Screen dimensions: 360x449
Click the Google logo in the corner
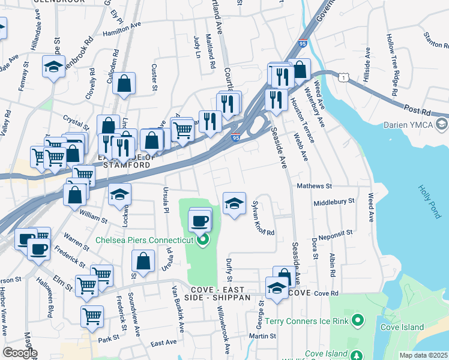(20, 353)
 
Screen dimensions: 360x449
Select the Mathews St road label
(314, 186)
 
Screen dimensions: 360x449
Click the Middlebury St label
(334, 202)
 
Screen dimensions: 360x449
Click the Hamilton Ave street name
(121, 29)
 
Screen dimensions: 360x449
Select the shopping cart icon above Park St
(92, 316)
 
